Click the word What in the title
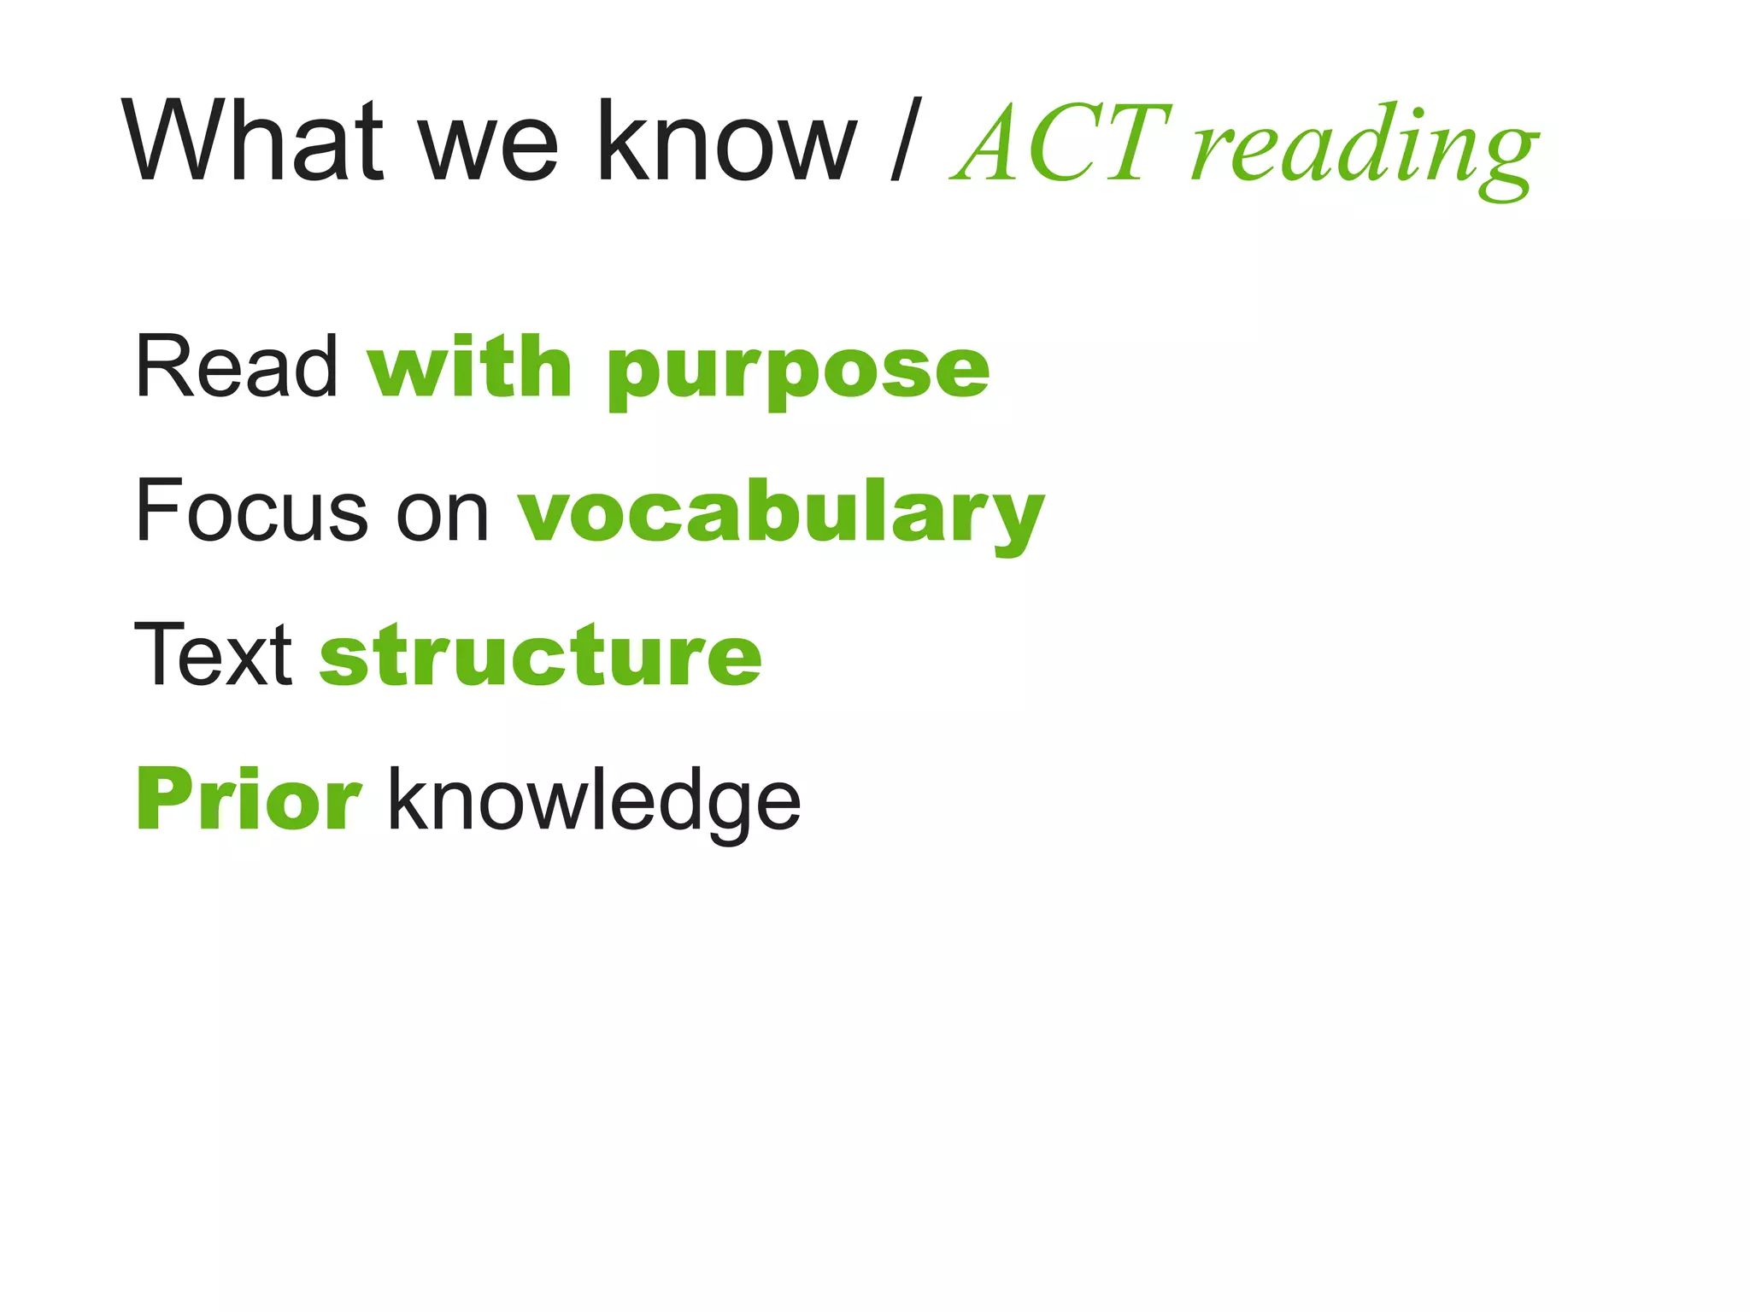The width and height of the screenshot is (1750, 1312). point(251,141)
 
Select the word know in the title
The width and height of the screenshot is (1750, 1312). point(726,141)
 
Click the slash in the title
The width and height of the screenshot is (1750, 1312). point(906,141)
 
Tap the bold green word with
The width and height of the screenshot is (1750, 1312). point(469,367)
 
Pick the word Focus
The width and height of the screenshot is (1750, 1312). point(251,512)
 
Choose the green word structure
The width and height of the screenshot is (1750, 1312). point(540,656)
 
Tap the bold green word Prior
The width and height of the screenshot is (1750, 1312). point(249,799)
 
